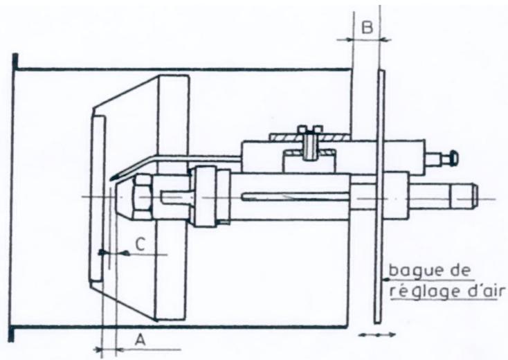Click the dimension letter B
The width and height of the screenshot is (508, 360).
point(368,28)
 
